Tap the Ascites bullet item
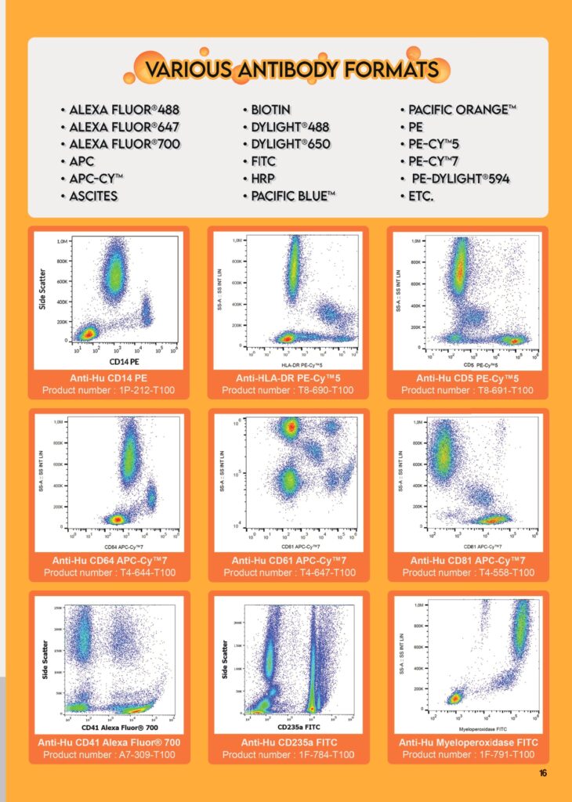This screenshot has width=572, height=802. (93, 196)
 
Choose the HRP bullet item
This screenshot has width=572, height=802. (266, 179)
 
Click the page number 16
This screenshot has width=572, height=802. (543, 773)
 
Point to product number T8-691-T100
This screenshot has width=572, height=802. (468, 390)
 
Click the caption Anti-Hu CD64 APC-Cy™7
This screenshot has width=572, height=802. (110, 561)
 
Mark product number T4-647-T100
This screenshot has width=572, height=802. (289, 573)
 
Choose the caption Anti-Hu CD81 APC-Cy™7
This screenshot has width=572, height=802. (468, 561)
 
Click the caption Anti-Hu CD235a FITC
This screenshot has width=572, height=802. (288, 742)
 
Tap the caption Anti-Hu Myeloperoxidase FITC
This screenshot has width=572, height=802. (468, 742)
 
